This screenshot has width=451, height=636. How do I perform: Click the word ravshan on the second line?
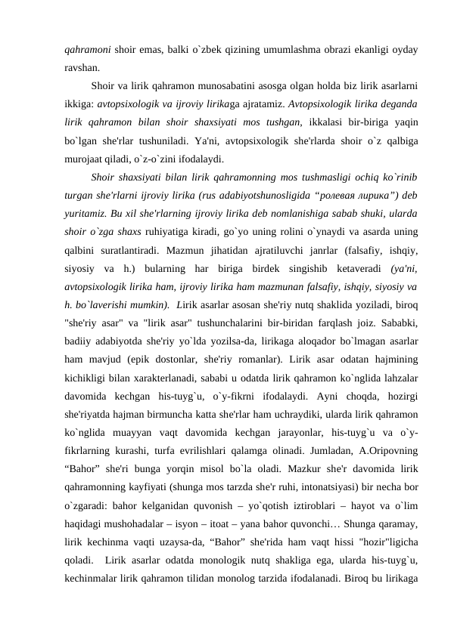point(80,66)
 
